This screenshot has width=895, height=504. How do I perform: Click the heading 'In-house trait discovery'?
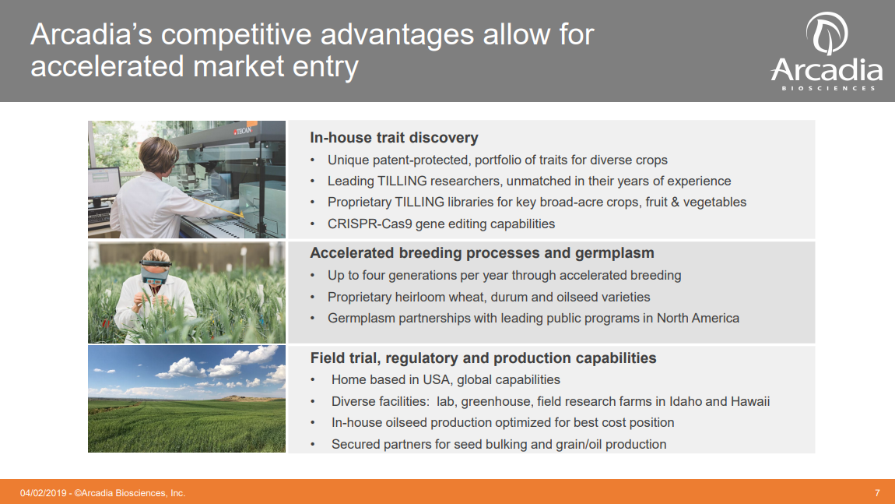click(x=394, y=138)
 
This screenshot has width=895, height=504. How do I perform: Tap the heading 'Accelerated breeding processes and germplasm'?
click(x=482, y=253)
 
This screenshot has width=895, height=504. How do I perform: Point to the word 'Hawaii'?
click(x=749, y=401)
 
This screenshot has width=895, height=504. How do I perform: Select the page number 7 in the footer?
click(x=877, y=493)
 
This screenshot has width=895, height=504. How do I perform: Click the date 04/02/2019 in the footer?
click(x=43, y=493)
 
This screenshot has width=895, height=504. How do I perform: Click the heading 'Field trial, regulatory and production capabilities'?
click(x=483, y=358)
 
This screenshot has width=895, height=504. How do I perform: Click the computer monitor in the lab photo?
click(x=104, y=182)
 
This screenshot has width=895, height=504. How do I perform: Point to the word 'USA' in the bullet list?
click(x=437, y=380)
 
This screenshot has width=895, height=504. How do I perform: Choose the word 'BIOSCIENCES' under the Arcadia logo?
click(x=828, y=89)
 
